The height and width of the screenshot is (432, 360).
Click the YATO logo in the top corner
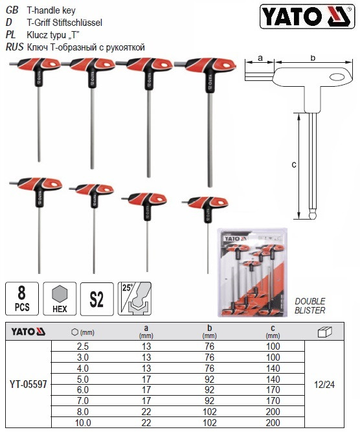click(x=307, y=16)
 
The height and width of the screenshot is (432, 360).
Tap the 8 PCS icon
click(x=22, y=299)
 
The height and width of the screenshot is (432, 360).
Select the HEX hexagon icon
click(x=60, y=299)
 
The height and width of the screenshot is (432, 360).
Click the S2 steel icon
click(x=96, y=299)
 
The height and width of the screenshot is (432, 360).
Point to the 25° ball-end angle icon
click(x=135, y=299)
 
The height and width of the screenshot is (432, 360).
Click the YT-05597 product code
click(x=28, y=384)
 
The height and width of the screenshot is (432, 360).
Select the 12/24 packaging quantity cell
click(x=324, y=384)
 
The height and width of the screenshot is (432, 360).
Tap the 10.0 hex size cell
click(x=83, y=423)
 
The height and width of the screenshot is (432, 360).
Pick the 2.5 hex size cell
click(x=83, y=347)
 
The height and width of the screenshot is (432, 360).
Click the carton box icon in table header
click(x=325, y=332)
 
